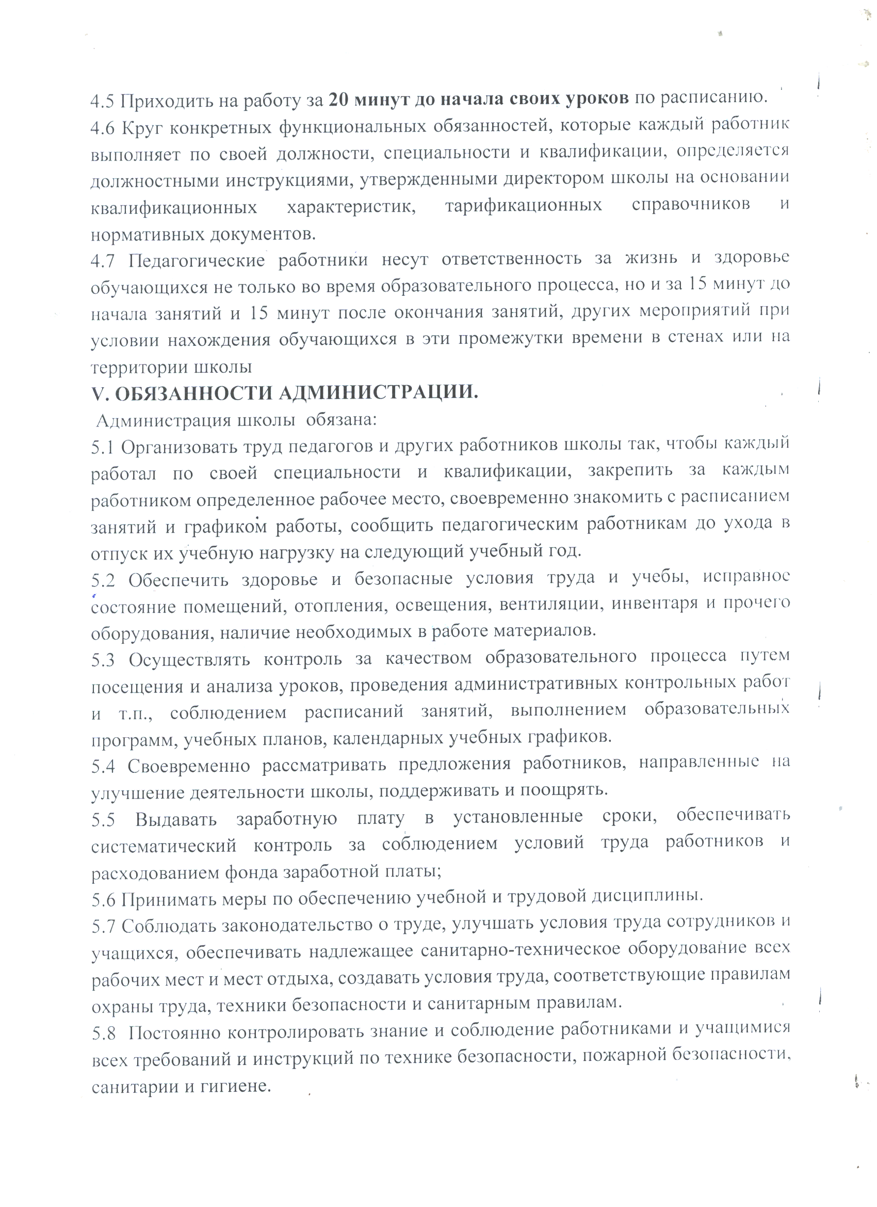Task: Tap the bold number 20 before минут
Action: click(x=338, y=100)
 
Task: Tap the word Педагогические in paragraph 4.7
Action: click(x=197, y=261)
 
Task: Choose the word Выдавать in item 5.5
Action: click(x=175, y=820)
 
